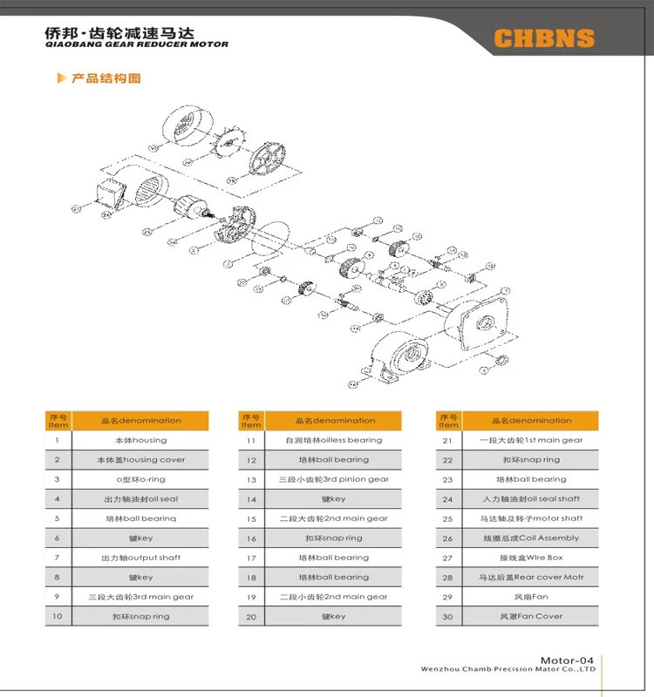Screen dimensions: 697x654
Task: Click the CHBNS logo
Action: point(543,38)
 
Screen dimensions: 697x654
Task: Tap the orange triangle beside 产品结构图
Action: point(60,78)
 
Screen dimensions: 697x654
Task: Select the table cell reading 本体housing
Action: point(141,440)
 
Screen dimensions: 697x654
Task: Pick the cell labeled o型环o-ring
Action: point(141,479)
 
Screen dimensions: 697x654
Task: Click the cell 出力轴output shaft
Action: point(141,558)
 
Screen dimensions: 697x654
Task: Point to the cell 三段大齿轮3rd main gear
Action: point(141,597)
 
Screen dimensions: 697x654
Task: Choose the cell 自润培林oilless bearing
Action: point(334,440)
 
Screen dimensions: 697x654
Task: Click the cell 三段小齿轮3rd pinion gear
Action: point(334,479)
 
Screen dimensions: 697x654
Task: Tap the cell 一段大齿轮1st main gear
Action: point(530,440)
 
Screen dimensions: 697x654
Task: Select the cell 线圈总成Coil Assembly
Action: point(530,538)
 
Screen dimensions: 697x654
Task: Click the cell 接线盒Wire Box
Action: point(530,558)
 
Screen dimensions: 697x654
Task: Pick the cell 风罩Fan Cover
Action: point(530,616)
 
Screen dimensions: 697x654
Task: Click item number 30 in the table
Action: point(447,616)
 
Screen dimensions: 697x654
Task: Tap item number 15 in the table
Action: point(251,518)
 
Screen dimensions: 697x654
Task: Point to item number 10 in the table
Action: point(58,616)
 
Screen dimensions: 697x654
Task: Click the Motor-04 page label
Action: point(573,660)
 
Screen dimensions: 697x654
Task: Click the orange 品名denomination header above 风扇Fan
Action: point(530,421)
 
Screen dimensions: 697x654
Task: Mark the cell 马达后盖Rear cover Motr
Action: point(530,577)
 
